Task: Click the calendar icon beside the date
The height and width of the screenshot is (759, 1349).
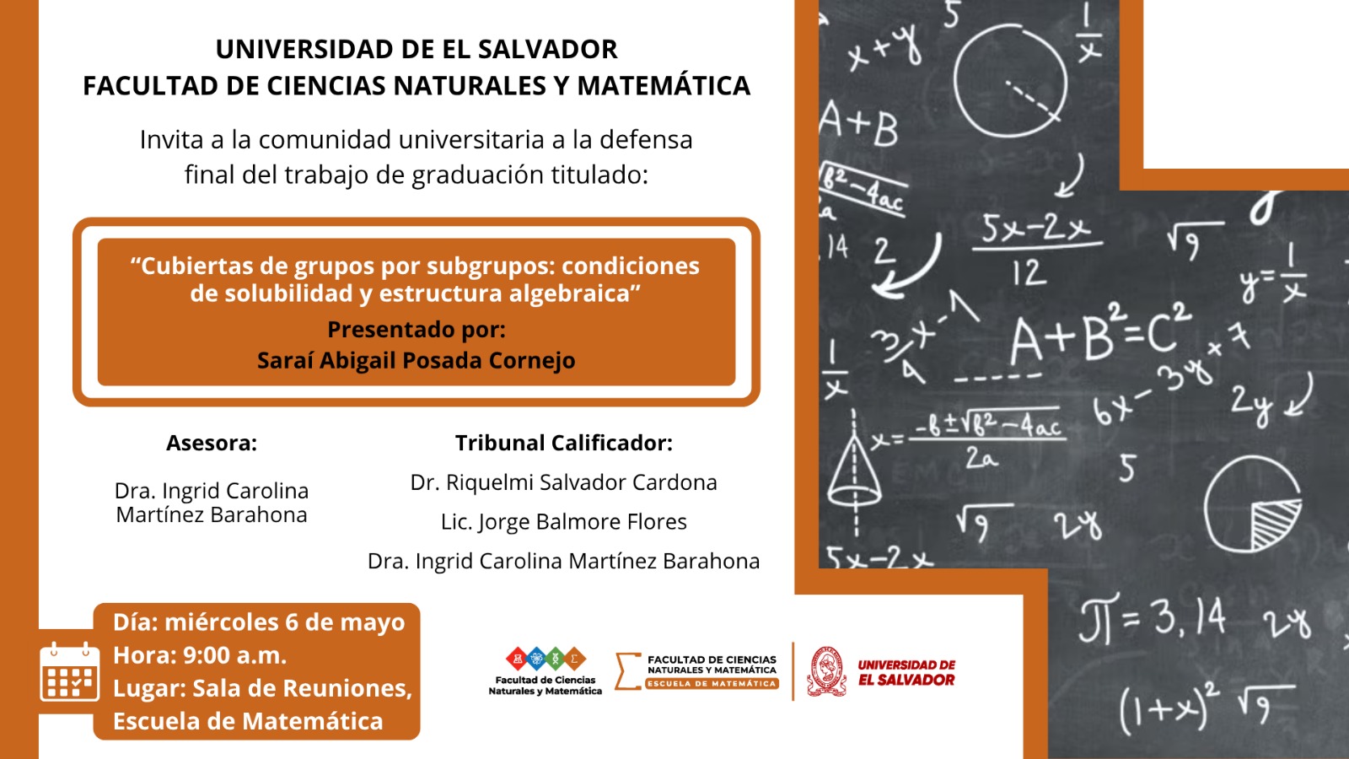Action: (69, 671)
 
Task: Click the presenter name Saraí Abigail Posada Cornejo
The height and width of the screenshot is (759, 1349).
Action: (417, 360)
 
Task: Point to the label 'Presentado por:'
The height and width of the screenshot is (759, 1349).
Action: (417, 330)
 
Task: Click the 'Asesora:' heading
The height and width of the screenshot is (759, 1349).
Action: (212, 443)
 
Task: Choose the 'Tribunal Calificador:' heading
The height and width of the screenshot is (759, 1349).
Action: (564, 443)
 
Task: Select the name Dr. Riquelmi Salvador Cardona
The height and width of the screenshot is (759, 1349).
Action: (564, 482)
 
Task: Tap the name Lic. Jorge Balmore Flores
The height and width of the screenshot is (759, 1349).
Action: (564, 522)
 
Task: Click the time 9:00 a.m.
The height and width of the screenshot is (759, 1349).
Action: (235, 655)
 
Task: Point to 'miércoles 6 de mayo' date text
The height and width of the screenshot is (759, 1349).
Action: (284, 622)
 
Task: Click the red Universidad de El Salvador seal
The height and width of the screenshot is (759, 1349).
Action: (826, 671)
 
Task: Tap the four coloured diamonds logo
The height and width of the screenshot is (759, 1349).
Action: (546, 659)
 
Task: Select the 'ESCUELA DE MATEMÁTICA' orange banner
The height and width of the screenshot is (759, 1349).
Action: (712, 684)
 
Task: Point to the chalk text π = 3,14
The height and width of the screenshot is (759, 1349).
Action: (1153, 616)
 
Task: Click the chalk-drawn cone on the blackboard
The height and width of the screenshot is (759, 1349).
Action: (854, 470)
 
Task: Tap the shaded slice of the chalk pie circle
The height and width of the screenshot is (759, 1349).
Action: (1274, 523)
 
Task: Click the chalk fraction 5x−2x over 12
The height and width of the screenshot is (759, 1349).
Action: (1036, 250)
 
